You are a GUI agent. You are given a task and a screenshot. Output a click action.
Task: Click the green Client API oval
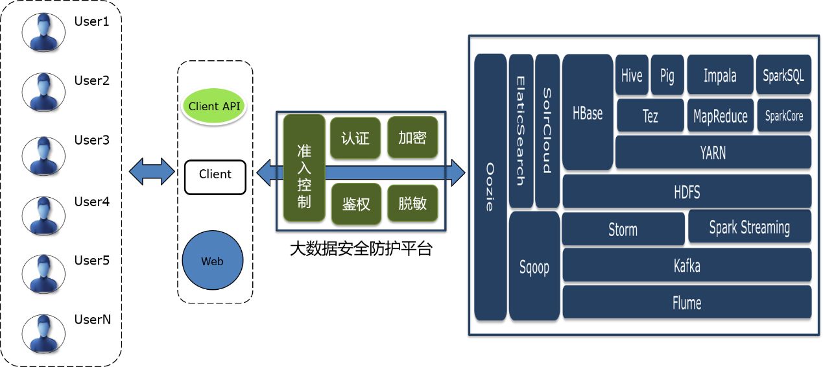(x=213, y=106)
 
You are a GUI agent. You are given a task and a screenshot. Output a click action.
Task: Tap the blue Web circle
(x=213, y=261)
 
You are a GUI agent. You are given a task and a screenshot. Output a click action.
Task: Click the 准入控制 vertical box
(x=304, y=168)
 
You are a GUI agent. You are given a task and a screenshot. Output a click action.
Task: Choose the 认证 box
(x=355, y=138)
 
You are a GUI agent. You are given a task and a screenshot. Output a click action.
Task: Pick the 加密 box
(x=412, y=137)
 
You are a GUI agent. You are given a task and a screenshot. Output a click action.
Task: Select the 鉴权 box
(x=356, y=204)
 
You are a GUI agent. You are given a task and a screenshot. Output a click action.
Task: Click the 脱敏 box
(x=412, y=203)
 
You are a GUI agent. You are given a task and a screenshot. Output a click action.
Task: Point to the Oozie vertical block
(x=490, y=187)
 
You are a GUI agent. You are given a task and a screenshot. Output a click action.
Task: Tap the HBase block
(x=588, y=112)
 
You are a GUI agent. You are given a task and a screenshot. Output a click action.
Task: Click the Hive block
(x=632, y=75)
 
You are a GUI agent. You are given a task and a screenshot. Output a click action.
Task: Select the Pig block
(x=667, y=75)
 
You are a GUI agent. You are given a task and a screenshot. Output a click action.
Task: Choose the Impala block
(x=720, y=75)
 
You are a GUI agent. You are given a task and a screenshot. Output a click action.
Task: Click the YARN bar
(x=713, y=152)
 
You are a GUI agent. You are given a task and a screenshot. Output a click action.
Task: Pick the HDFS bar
(x=687, y=191)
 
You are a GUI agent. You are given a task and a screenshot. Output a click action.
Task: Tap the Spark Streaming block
(x=749, y=227)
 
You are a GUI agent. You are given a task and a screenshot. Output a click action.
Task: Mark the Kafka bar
(x=687, y=265)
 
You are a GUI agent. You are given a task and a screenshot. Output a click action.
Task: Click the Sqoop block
(x=534, y=266)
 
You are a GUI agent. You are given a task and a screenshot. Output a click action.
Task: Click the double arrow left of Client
(x=152, y=172)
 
